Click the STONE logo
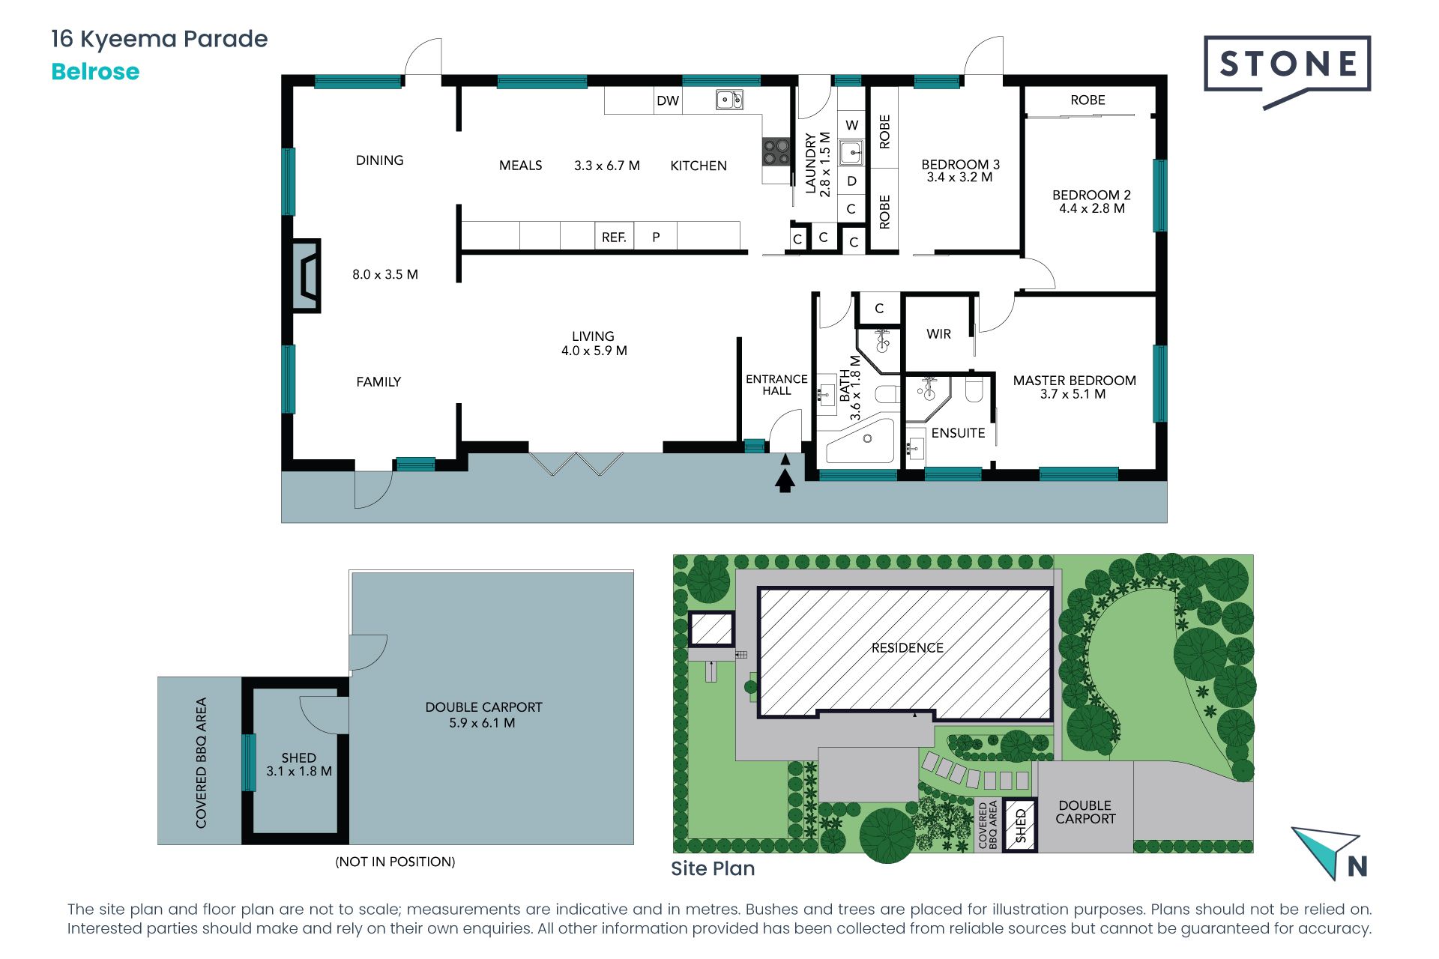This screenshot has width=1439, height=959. pyautogui.click(x=1287, y=71)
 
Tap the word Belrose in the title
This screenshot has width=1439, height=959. pyautogui.click(x=95, y=72)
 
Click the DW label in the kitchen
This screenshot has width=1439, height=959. pyautogui.click(x=668, y=100)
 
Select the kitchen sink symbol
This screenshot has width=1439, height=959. pyautogui.click(x=729, y=100)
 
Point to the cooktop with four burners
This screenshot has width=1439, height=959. pyautogui.click(x=776, y=152)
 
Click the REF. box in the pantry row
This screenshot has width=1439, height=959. pyautogui.click(x=614, y=237)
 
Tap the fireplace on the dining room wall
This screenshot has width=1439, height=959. pyautogui.click(x=306, y=276)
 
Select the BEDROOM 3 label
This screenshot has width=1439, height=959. pyautogui.click(x=960, y=164)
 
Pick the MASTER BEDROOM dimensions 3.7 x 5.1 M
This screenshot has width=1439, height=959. pyautogui.click(x=1073, y=394)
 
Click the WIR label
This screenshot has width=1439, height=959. pyautogui.click(x=938, y=334)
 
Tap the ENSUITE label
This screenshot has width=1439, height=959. pyautogui.click(x=958, y=433)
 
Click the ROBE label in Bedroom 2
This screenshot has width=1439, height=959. pyautogui.click(x=1087, y=100)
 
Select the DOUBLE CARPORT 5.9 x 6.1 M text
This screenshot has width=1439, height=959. pyautogui.click(x=483, y=715)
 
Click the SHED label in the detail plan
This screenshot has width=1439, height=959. pyautogui.click(x=298, y=758)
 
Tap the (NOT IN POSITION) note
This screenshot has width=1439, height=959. pyautogui.click(x=395, y=862)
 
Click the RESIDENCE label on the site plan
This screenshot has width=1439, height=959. pyautogui.click(x=907, y=648)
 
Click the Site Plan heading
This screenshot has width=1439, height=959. pyautogui.click(x=713, y=868)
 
